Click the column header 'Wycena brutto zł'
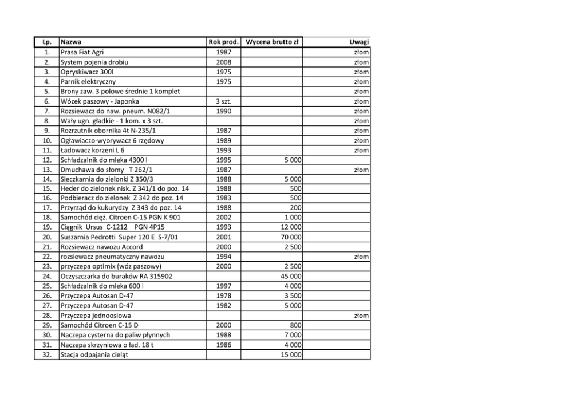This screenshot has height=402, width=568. pos(273,42)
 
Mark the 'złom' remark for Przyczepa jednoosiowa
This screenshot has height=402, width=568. pos(361,316)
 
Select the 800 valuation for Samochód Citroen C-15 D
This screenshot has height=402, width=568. pos(295,325)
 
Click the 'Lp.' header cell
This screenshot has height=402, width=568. pos(48,42)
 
